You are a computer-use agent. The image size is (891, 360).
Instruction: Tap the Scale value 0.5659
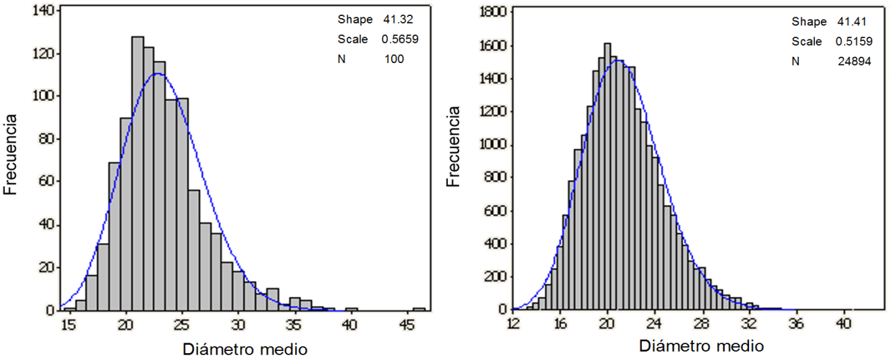[x=399, y=39]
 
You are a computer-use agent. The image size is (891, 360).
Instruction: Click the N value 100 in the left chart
[x=394, y=60]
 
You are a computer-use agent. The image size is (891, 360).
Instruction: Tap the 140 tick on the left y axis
[x=43, y=10]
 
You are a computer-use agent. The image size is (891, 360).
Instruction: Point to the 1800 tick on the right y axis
[x=494, y=12]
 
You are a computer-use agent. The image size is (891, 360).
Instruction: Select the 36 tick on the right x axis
[x=796, y=323]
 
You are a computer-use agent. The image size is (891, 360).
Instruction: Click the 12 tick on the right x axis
[x=513, y=323]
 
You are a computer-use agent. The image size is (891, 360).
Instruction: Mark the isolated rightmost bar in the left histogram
[x=419, y=309]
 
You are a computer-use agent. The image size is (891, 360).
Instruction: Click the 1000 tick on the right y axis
[x=494, y=145]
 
